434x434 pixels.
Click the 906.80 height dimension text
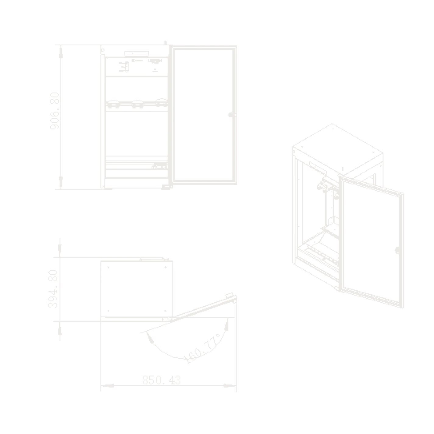point(55,111)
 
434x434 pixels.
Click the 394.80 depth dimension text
point(53,289)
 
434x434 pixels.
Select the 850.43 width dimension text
point(162,380)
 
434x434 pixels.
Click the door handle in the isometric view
point(397,250)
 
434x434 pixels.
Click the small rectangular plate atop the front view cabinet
point(137,54)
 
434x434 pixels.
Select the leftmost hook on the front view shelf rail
point(113,104)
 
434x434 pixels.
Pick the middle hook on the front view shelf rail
point(138,104)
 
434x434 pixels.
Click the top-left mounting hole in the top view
point(108,267)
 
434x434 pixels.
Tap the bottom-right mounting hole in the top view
point(165,311)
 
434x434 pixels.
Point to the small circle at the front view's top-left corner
point(103,50)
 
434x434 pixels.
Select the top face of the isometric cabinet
point(338,149)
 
